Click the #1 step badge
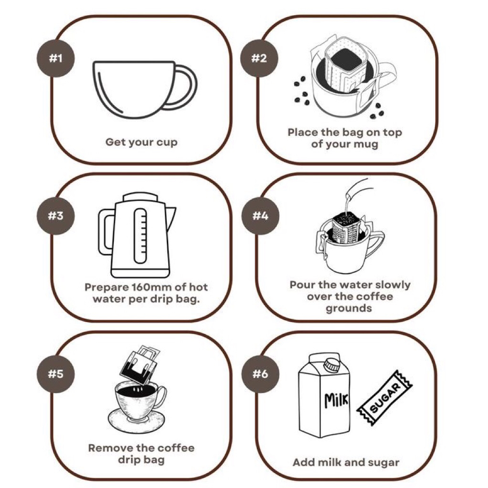click(56, 58)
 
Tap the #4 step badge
click(260, 216)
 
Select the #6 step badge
click(260, 374)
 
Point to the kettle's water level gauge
click(141, 236)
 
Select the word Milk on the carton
click(336, 400)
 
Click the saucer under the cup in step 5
click(137, 423)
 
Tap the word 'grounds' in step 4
click(348, 309)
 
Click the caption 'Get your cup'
click(141, 142)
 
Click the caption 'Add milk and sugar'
click(346, 462)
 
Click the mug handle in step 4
click(376, 241)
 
